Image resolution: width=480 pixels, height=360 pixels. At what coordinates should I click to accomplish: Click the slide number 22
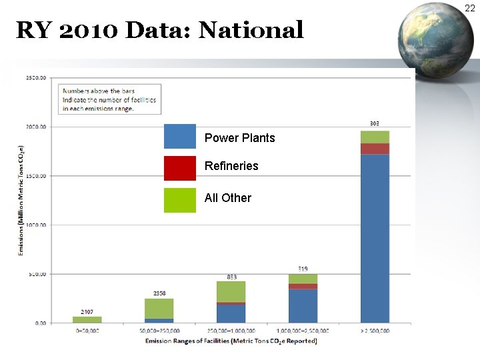pos(470,8)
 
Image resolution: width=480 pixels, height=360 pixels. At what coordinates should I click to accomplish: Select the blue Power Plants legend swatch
pos(180,137)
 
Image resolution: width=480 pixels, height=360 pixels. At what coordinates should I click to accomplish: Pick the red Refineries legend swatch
pos(180,168)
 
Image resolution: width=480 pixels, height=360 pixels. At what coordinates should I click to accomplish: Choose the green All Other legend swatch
pos(180,200)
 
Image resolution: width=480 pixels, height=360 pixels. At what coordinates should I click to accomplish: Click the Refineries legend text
pos(231,166)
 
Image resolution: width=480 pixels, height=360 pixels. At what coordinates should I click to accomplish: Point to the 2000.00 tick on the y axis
pos(37,127)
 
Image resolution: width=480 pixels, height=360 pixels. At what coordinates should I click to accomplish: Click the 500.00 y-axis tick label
pos(37,274)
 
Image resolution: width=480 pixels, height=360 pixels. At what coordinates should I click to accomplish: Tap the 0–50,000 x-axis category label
pos(87,331)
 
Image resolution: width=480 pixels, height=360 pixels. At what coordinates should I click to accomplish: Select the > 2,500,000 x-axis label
pos(375,331)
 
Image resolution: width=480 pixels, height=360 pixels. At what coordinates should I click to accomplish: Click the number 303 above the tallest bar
pos(375,124)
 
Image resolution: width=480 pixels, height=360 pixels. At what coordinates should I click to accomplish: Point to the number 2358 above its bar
pos(159,293)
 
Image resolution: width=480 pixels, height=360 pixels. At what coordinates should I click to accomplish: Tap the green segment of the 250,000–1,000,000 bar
pos(231,291)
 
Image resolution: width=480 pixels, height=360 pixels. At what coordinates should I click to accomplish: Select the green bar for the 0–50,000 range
pos(87,320)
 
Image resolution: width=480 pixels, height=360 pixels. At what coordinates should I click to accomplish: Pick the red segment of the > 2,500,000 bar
pos(375,149)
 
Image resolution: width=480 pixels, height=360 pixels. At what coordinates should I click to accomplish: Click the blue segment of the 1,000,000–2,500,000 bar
pos(303,306)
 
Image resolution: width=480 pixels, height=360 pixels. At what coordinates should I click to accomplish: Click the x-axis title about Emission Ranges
pos(231,341)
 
